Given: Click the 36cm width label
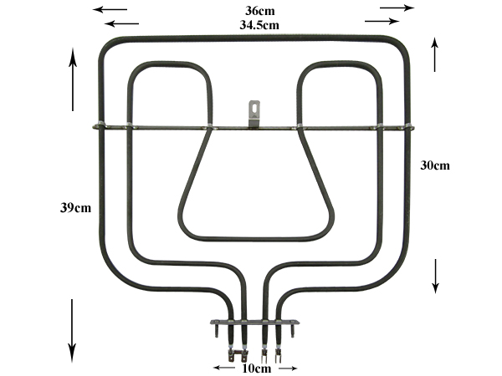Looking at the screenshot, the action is point(259,11).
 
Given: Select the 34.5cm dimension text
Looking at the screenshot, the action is point(259,25).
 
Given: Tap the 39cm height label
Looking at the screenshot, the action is point(75,208).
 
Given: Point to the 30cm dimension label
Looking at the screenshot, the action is point(435,165).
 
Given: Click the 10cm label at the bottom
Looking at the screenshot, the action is point(257,368).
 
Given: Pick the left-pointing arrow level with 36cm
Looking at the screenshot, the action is point(110,9).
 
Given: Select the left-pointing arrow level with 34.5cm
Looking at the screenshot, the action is point(121,23).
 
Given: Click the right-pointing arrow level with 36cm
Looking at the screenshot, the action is point(397,8).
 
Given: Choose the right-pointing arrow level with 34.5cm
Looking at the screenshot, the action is point(382,21).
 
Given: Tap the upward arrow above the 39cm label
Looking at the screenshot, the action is point(73,79).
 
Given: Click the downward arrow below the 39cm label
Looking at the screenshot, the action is point(72,331).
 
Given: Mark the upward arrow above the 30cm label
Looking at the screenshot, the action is point(434,54).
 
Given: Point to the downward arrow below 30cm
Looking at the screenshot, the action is point(435,277).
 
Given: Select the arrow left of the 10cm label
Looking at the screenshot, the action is point(224,368).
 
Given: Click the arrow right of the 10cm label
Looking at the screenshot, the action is point(288,368).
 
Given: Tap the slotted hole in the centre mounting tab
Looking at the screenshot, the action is point(254,107).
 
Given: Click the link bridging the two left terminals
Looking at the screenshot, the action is point(238,354).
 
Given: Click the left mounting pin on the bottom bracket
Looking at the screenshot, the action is point(217,331).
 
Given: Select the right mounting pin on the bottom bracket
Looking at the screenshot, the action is point(292,331).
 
